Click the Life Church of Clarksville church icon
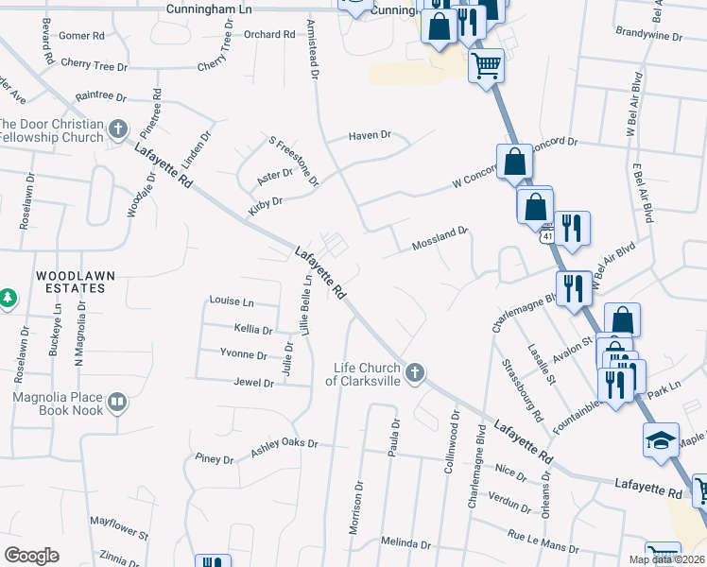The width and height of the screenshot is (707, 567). (414, 374)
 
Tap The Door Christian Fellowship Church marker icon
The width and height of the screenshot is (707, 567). (118, 129)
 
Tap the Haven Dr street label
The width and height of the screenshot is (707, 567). (370, 135)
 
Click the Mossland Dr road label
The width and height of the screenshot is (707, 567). (440, 238)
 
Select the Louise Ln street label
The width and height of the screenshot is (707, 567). (232, 301)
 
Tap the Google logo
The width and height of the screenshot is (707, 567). (31, 555)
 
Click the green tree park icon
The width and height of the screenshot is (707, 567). (8, 299)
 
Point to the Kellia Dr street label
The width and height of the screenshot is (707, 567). (252, 330)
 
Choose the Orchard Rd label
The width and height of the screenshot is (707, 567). (269, 34)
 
